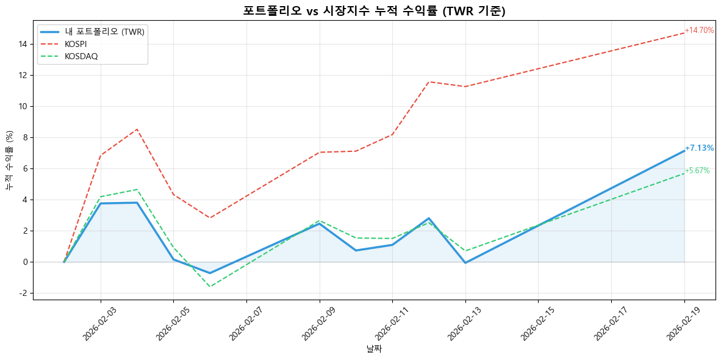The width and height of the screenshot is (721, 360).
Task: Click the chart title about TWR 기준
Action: click(374, 10)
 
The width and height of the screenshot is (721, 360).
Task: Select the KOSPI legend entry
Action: click(76, 44)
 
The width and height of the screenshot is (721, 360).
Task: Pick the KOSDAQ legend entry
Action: click(81, 56)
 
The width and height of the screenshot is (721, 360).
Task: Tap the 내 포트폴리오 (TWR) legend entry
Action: click(104, 32)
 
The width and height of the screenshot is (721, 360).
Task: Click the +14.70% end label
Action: click(699, 30)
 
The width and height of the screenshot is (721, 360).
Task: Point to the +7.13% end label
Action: click(699, 148)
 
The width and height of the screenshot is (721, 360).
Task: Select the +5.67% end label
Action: click(697, 171)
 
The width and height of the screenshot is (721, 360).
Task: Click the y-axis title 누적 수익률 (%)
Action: click(9, 160)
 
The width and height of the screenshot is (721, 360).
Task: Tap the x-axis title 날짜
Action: click(374, 349)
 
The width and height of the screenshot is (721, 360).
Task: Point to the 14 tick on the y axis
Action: click(24, 44)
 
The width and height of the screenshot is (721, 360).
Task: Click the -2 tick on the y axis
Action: click(24, 293)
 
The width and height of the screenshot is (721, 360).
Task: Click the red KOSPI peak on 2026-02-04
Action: click(137, 129)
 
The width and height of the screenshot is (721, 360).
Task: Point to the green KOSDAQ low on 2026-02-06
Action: click(210, 287)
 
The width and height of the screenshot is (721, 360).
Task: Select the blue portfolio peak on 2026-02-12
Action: click(429, 218)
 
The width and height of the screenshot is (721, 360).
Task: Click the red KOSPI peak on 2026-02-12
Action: click(429, 82)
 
